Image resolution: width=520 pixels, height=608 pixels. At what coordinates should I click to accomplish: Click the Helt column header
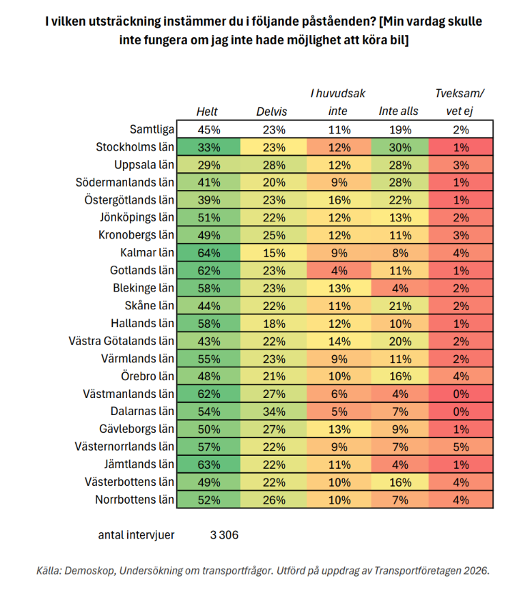[206, 111]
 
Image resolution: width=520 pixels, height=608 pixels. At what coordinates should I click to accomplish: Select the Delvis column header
[271, 111]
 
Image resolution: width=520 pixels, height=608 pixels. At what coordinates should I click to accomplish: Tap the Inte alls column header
[399, 111]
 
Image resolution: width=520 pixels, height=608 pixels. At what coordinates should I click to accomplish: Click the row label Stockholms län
[135, 147]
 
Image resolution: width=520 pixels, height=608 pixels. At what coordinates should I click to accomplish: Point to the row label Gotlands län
[142, 270]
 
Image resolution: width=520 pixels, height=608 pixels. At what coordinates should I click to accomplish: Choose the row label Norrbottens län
[134, 499]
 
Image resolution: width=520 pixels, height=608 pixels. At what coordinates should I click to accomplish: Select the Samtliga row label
[151, 129]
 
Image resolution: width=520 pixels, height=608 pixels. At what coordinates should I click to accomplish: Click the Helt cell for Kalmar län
[209, 253]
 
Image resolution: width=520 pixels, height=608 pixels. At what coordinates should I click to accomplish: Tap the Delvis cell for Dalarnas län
[274, 412]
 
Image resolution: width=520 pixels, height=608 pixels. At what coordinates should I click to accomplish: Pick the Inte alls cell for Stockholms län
[400, 147]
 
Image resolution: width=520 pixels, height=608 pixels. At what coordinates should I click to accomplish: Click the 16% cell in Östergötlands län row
[339, 200]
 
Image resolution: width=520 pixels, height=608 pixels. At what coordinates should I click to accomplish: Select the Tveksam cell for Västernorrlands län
[461, 447]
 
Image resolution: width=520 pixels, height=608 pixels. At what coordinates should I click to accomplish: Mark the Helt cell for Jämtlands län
[209, 464]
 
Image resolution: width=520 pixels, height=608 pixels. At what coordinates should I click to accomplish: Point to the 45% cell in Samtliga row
[209, 129]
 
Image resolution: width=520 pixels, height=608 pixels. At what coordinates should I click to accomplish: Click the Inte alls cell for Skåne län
[400, 306]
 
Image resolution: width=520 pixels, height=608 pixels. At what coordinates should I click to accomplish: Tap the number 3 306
[224, 534]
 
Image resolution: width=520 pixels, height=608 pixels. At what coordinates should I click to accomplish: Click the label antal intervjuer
[136, 534]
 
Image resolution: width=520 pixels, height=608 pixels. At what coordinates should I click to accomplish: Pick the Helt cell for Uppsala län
[209, 165]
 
